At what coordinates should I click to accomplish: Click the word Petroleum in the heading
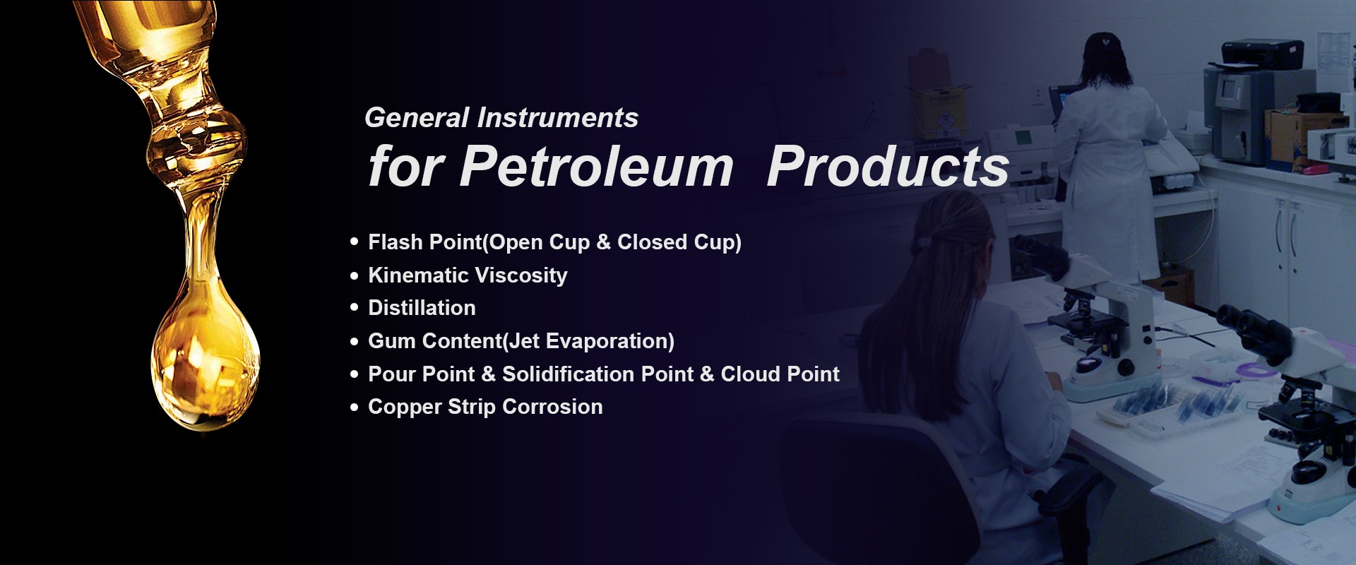(x=597, y=167)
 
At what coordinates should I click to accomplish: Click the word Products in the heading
(x=888, y=167)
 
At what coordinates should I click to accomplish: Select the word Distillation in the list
(x=422, y=308)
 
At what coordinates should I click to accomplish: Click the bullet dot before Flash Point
(x=355, y=242)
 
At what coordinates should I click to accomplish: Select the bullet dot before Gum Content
(x=355, y=341)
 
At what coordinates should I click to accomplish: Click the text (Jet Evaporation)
(x=588, y=341)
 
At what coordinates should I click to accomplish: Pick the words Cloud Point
(x=780, y=374)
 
